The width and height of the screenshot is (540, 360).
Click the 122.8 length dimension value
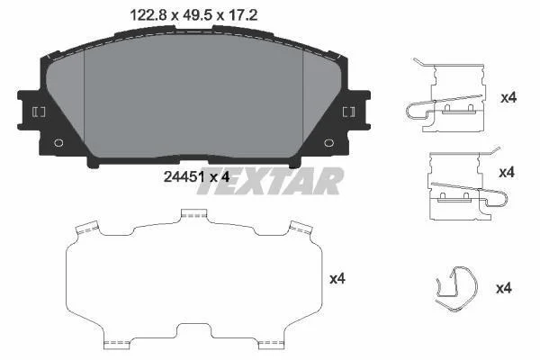point(149,15)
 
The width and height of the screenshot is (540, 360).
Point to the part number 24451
point(184,177)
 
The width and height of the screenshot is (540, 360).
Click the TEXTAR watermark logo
point(270,181)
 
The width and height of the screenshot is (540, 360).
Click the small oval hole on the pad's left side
point(58,142)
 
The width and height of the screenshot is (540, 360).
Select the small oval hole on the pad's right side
point(328,142)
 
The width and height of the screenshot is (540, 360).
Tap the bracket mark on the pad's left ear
point(39,112)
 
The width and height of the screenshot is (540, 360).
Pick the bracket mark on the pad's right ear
point(348,112)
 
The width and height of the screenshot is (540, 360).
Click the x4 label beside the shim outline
point(337,279)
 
